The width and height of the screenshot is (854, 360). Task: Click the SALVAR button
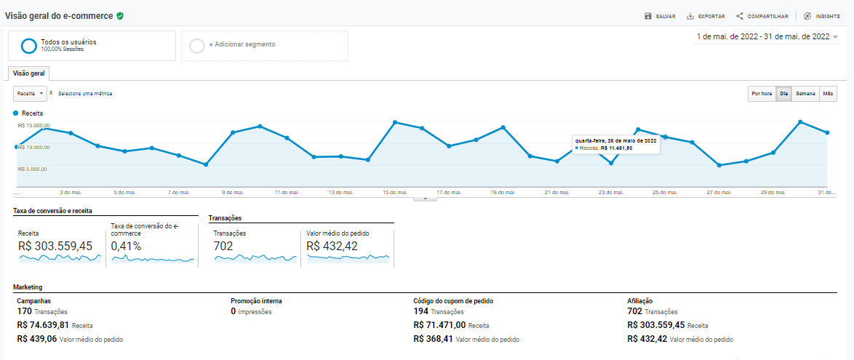tap(660, 16)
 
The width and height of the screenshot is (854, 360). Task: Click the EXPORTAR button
tap(706, 16)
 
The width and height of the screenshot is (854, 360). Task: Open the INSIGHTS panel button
tap(821, 16)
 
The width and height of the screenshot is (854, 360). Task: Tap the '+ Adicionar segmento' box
tap(265, 46)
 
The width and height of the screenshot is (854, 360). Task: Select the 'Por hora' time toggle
tap(762, 94)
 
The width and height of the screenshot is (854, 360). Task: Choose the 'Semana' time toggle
tap(805, 94)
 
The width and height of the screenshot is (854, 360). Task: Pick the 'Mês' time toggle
tap(827, 94)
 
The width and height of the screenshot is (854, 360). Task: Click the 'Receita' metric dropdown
tap(30, 94)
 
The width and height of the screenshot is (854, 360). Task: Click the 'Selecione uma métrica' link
tap(85, 94)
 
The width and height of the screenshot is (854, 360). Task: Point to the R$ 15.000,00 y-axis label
tap(33, 125)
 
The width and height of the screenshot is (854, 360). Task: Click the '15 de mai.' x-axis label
tap(395, 192)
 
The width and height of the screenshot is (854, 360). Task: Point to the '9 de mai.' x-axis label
tap(233, 192)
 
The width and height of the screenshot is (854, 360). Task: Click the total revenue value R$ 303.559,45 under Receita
tap(55, 246)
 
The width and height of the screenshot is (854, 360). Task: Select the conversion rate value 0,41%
tap(126, 246)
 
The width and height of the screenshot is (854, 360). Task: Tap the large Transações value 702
tap(224, 246)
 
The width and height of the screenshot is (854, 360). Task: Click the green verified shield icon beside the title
tap(120, 16)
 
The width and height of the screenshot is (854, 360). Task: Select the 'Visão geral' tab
tap(30, 73)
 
